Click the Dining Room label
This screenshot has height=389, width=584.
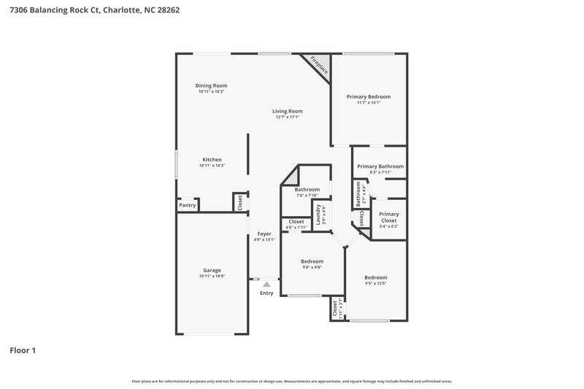tap(211, 85)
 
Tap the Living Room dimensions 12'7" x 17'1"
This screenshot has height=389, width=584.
tap(287, 117)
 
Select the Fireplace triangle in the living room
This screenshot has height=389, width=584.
tap(320, 66)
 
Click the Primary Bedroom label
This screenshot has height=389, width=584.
tap(368, 96)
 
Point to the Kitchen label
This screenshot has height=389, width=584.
tap(212, 160)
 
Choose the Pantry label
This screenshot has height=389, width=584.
tap(188, 206)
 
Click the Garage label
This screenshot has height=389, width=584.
tap(212, 270)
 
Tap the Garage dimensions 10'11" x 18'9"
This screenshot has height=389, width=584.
tap(212, 276)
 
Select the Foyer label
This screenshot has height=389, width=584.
tap(264, 234)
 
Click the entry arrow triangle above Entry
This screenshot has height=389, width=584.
tap(266, 284)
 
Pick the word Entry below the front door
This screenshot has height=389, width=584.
tap(266, 293)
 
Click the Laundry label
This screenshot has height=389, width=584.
tap(319, 213)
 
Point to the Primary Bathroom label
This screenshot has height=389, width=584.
tap(380, 166)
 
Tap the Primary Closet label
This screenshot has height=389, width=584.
tap(388, 217)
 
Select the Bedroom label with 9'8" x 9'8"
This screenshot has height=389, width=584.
tap(312, 261)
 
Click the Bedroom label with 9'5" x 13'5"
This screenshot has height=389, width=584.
tap(375, 277)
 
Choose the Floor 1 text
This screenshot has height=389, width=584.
tap(23, 350)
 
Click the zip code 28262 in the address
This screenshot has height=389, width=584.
tap(167, 11)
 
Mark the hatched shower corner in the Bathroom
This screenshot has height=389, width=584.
tap(291, 176)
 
